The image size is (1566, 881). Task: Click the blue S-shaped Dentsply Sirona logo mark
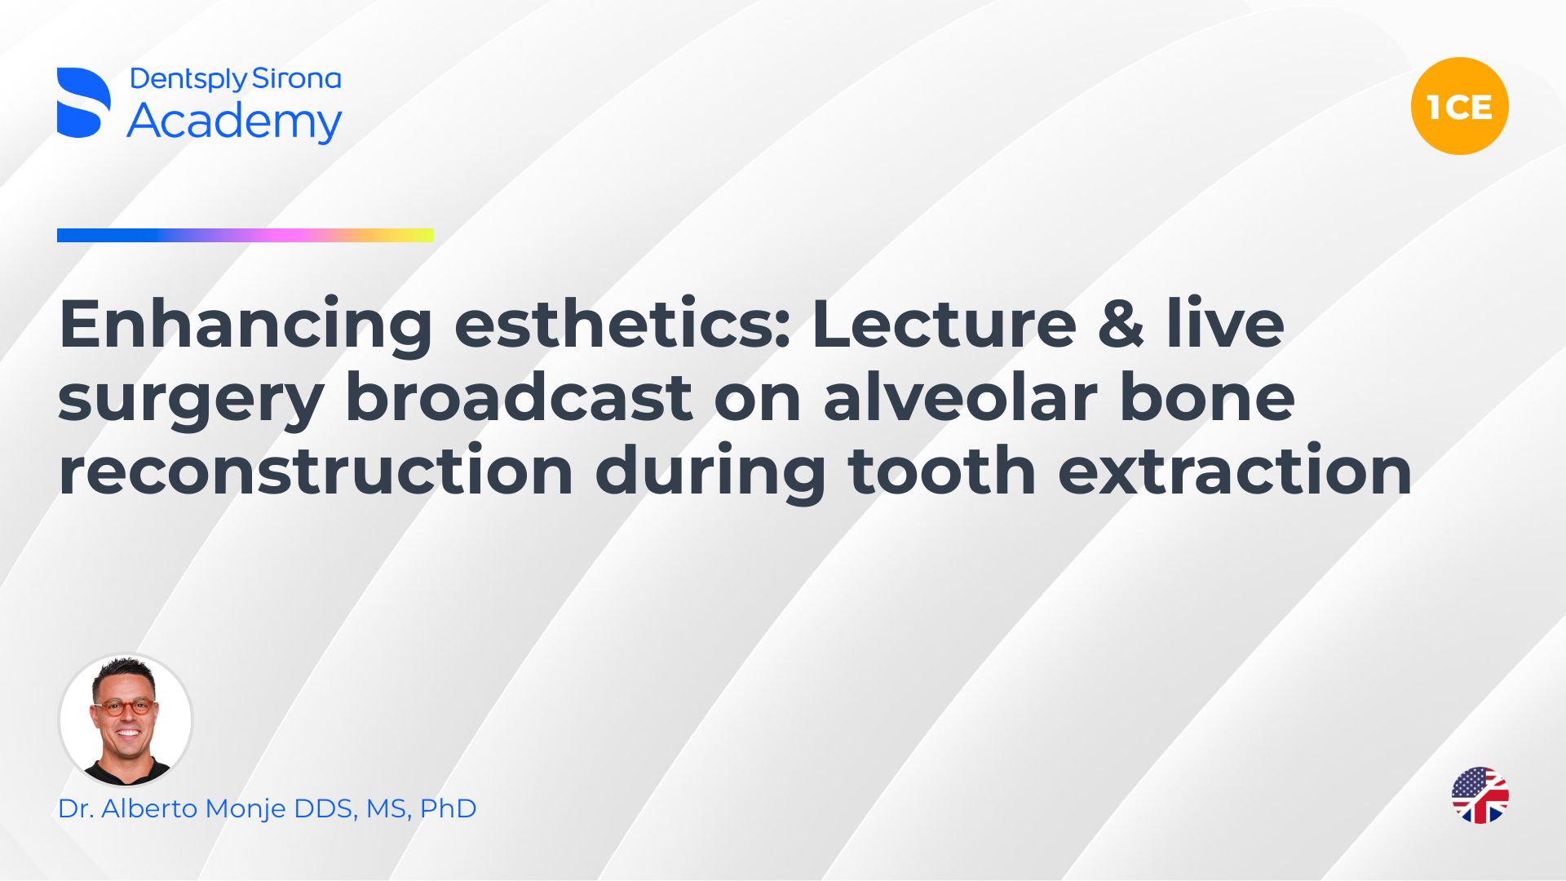[83, 103]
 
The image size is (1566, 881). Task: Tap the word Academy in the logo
[234, 122]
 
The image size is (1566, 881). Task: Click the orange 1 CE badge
[1459, 106]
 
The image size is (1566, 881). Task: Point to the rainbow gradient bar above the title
[246, 236]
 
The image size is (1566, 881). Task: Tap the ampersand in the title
[1121, 325]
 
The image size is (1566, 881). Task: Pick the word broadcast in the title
[519, 397]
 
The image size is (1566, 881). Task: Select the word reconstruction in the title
[316, 471]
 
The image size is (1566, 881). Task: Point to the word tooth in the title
[942, 471]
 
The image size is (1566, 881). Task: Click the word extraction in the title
[1235, 471]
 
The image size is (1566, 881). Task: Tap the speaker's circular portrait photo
[126, 719]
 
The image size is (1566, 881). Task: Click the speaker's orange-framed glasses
[126, 706]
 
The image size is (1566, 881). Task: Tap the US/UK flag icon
[1480, 795]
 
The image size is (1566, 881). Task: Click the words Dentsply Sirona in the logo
[235, 79]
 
